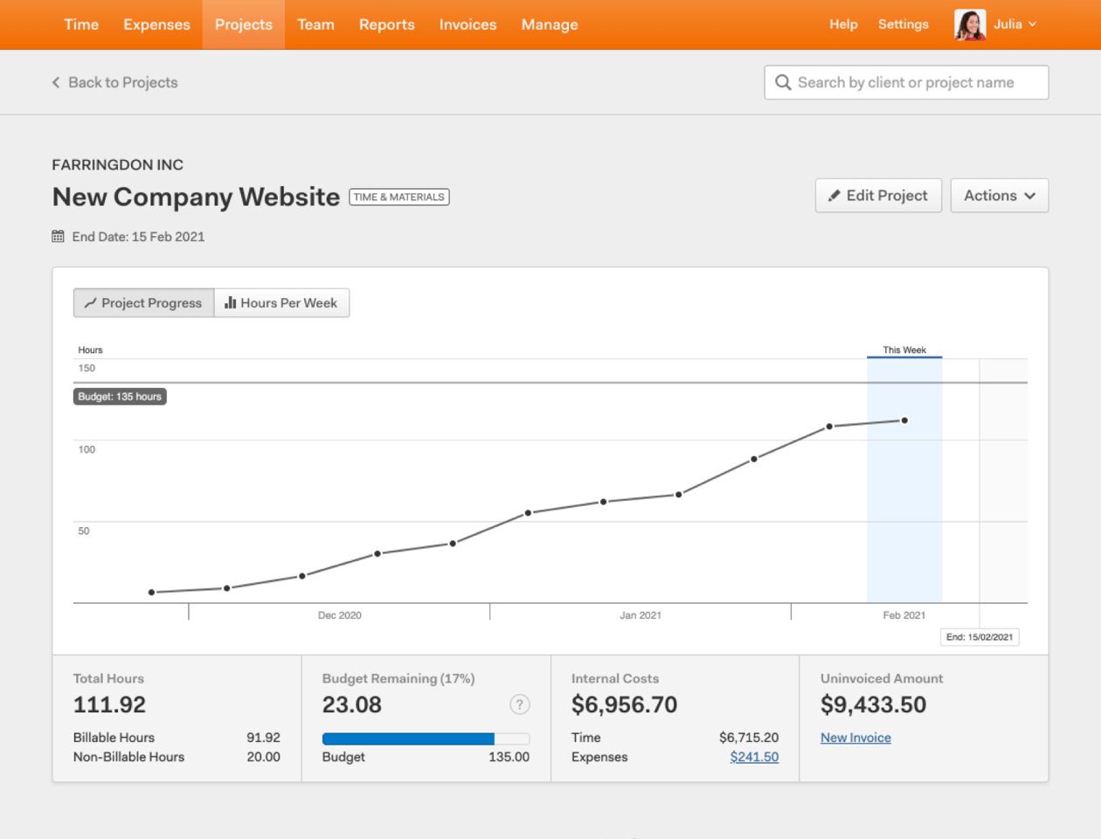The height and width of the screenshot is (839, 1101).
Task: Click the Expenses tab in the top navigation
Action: [156, 24]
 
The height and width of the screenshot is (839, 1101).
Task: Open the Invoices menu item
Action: [467, 24]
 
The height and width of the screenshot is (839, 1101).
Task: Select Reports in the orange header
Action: [386, 24]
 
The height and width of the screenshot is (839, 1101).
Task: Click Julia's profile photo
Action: [970, 24]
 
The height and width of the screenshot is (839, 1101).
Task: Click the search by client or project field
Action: [906, 82]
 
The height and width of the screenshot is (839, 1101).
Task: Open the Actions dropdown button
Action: [999, 196]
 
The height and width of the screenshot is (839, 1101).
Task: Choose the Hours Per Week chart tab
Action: [281, 302]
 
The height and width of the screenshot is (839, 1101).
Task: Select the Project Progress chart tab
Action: [143, 302]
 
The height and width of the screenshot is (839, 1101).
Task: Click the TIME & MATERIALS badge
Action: [399, 197]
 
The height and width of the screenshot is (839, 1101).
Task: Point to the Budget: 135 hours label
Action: [120, 397]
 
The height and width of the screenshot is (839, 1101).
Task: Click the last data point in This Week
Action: [904, 420]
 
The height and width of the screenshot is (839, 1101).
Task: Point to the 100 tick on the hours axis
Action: [87, 449]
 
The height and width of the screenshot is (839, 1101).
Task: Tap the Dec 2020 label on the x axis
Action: [339, 615]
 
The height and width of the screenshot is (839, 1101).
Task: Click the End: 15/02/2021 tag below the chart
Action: [980, 637]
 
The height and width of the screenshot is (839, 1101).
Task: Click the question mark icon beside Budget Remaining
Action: [519, 704]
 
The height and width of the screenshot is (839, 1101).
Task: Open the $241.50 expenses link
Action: [754, 757]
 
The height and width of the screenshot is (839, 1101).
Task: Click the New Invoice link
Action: [855, 738]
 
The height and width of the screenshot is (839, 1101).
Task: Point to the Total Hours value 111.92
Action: [109, 704]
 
